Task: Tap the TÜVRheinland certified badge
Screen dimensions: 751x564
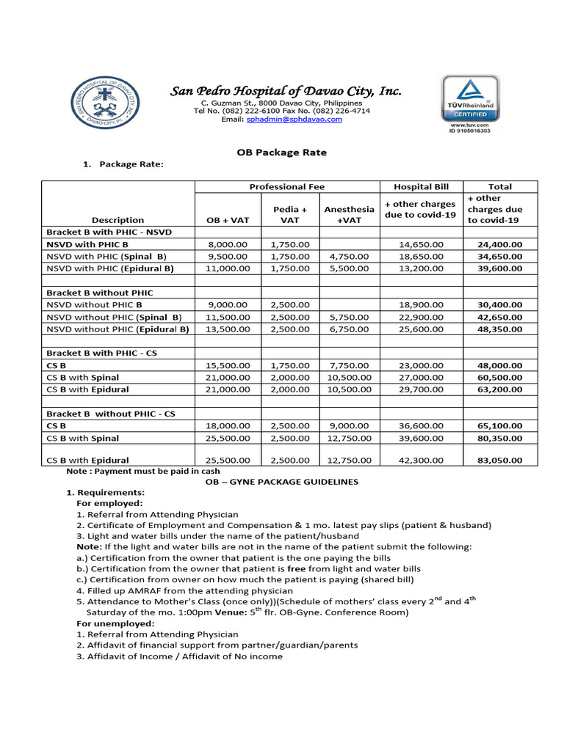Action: [470, 103]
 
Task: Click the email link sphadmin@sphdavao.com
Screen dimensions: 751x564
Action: [294, 119]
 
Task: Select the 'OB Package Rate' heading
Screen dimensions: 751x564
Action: [281, 153]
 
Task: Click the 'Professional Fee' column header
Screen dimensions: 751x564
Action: [286, 187]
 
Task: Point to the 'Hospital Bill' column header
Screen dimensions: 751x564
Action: [422, 187]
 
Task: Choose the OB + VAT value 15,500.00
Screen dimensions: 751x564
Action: [229, 364]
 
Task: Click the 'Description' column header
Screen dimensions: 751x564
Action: [117, 220]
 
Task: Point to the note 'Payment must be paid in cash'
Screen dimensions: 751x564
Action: [139, 472]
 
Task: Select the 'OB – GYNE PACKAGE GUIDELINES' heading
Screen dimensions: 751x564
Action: [281, 482]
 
